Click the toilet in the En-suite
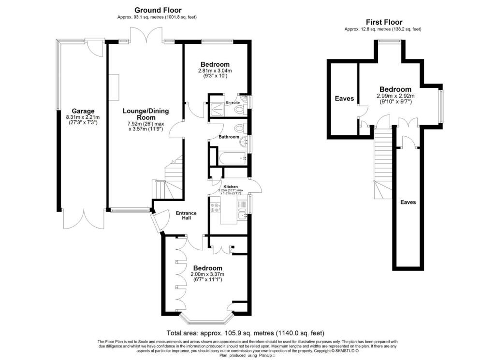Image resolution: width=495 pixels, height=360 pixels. tap(238, 111)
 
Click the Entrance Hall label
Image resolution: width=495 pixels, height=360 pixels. tap(186, 216)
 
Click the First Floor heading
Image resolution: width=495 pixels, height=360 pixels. tap(383, 22)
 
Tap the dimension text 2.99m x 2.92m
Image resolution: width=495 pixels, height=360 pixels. tap(395, 96)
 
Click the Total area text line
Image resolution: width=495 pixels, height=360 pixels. tap(245, 333)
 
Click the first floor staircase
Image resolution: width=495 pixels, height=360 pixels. tap(384, 164)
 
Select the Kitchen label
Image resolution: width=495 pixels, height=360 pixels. tap(231, 187)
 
